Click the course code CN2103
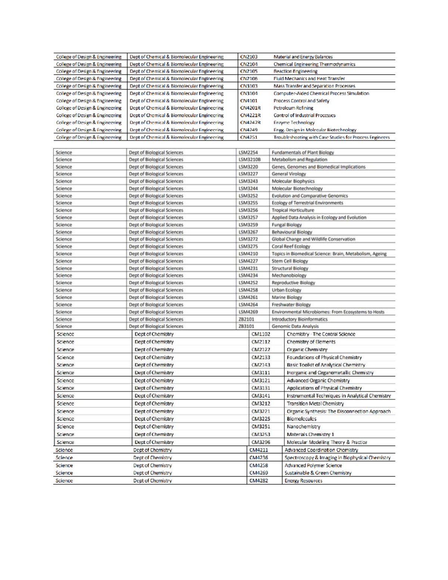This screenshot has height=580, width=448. tap(249, 57)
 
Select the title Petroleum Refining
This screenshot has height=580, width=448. tap(293, 108)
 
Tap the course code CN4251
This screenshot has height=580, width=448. tap(249, 137)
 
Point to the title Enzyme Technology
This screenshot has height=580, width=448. tap(294, 122)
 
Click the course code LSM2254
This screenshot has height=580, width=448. tap(248, 152)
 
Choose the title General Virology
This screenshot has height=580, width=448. tap(289, 174)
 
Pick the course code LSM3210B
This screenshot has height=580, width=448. tap(249, 159)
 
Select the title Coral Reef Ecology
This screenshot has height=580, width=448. tap(291, 246)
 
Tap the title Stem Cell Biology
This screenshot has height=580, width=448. tap(290, 261)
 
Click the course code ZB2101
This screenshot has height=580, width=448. tap(246, 319)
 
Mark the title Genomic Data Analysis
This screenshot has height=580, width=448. tap(295, 326)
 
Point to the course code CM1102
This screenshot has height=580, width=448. tap(261, 334)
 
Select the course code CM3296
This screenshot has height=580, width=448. tap(261, 442)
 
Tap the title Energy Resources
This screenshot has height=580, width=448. tap(303, 481)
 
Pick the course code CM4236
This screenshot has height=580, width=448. tap(258, 458)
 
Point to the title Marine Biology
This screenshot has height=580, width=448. tap(287, 297)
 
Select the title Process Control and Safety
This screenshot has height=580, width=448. tap(301, 101)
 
